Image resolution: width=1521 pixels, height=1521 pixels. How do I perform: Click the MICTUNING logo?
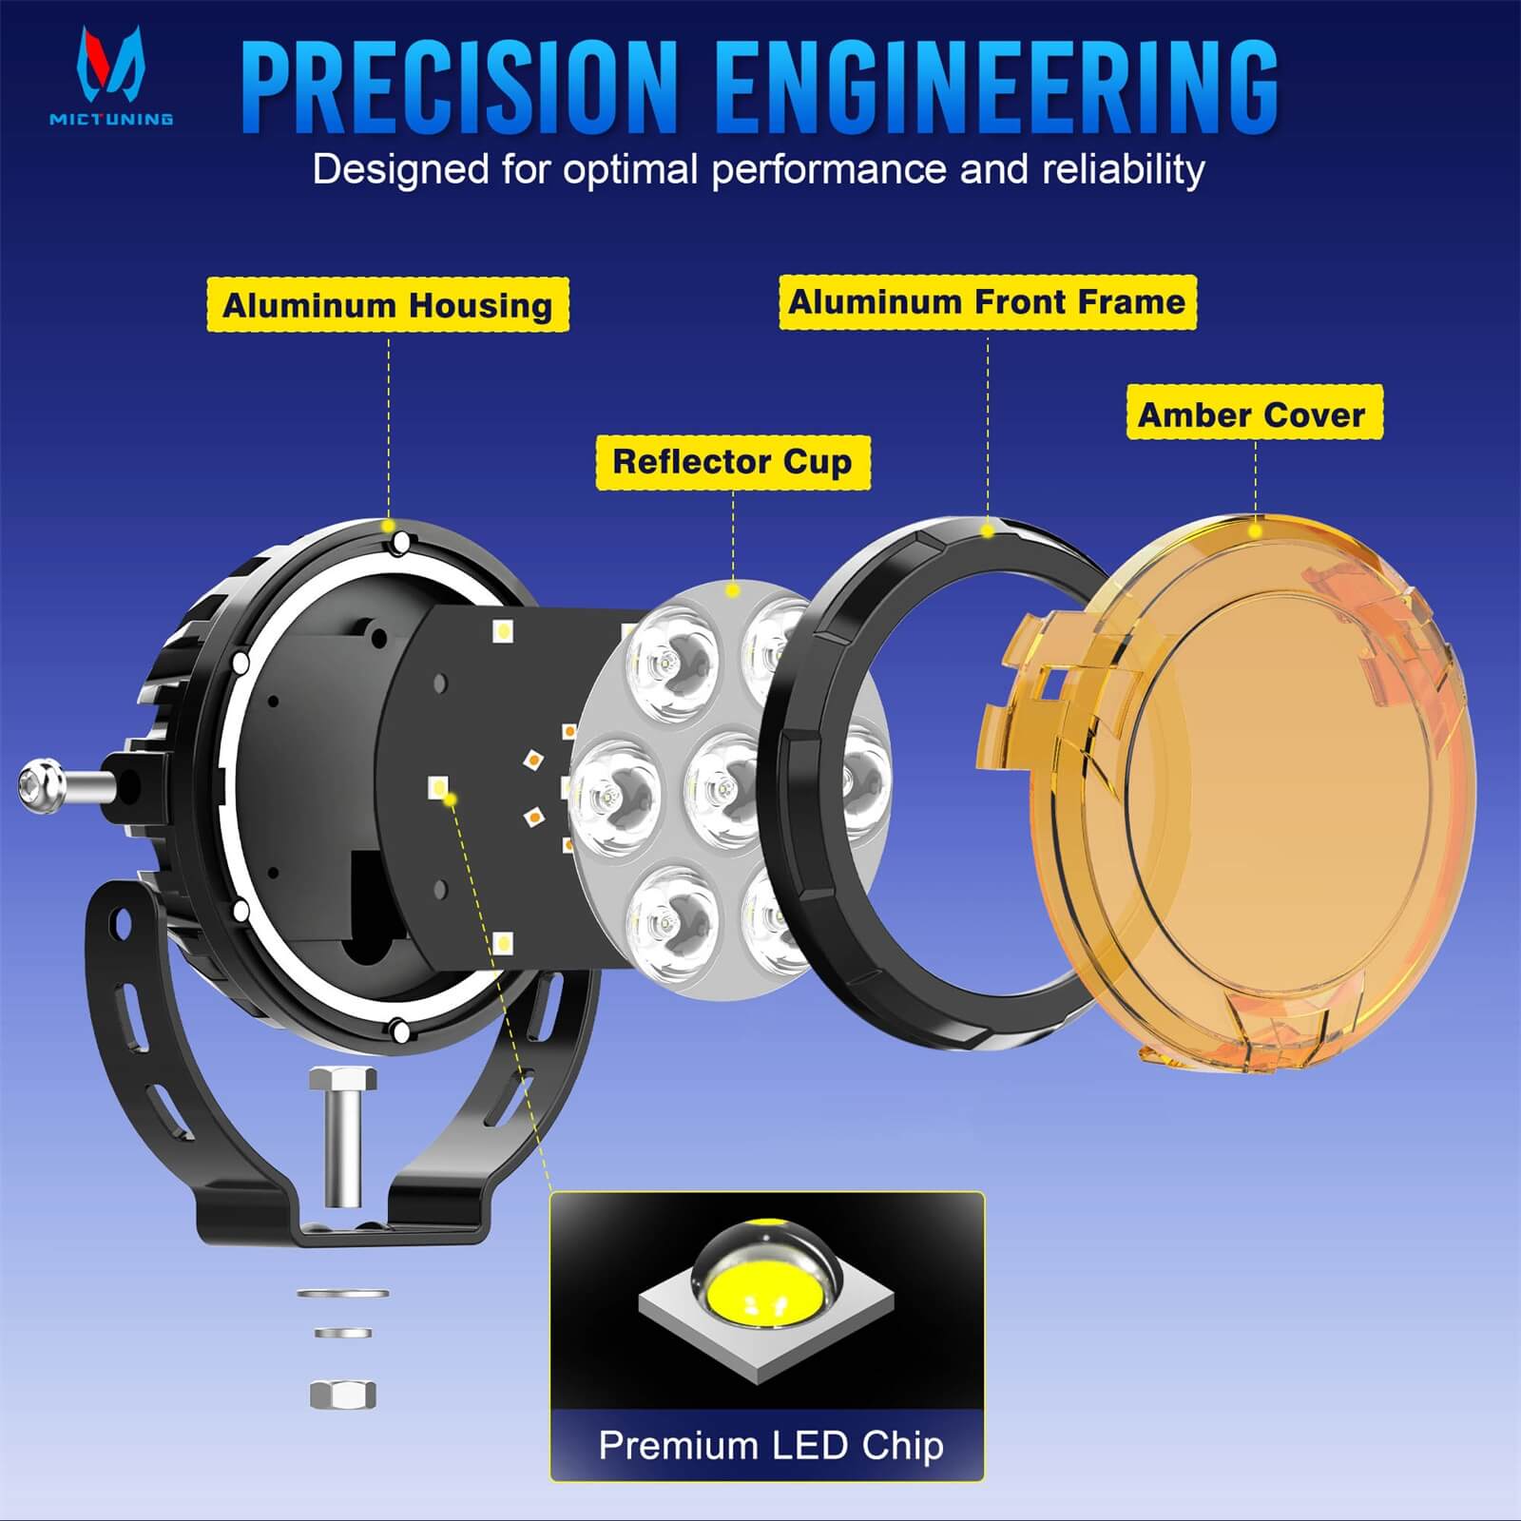(111, 76)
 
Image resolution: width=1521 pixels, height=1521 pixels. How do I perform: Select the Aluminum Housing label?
(388, 305)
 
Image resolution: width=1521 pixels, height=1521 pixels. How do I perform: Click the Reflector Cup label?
(732, 462)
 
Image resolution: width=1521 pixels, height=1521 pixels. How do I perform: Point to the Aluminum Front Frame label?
(987, 302)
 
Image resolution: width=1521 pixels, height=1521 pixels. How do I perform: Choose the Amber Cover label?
(1252, 414)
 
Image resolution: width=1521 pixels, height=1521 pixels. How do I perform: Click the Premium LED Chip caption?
(770, 1446)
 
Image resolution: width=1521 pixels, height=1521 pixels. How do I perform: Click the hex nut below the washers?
(343, 1395)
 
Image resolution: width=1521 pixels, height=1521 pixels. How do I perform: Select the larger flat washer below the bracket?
(342, 1294)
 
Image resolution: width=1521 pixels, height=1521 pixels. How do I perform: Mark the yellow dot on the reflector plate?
(732, 590)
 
